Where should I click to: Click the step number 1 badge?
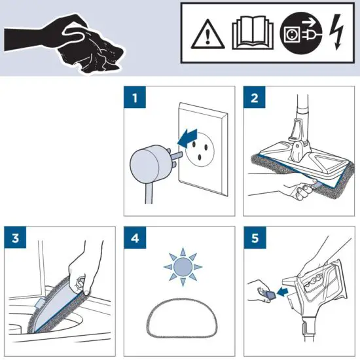coord(135,99)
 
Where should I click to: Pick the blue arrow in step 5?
coord(281,289)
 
